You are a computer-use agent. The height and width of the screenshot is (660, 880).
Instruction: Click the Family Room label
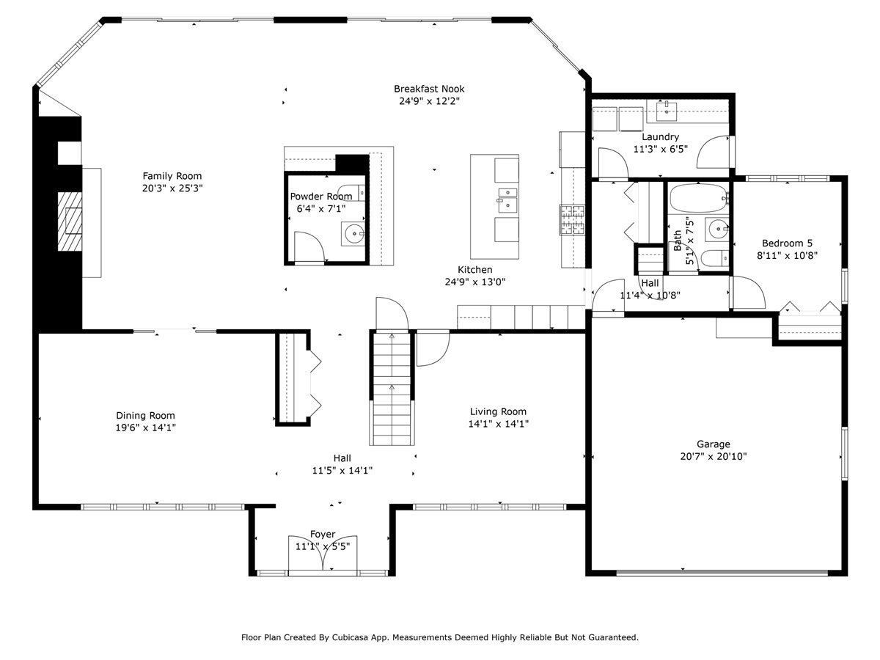coord(172,176)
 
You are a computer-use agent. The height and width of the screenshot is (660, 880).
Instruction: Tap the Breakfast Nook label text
coord(429,89)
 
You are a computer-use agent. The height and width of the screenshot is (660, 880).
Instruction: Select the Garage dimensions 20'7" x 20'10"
coord(713,456)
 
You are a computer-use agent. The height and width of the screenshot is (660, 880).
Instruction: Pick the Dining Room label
coord(145,416)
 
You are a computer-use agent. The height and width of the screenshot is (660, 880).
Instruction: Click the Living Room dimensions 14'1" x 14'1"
coord(499,424)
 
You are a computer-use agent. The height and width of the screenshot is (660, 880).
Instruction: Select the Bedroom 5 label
coord(787,243)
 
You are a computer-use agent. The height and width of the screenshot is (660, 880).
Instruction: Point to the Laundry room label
coord(660,136)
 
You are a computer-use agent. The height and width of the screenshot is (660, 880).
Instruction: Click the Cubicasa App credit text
coord(440,637)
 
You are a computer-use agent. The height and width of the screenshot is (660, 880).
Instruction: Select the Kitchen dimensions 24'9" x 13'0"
coord(475,282)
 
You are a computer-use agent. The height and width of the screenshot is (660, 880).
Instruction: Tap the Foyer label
coord(323,535)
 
